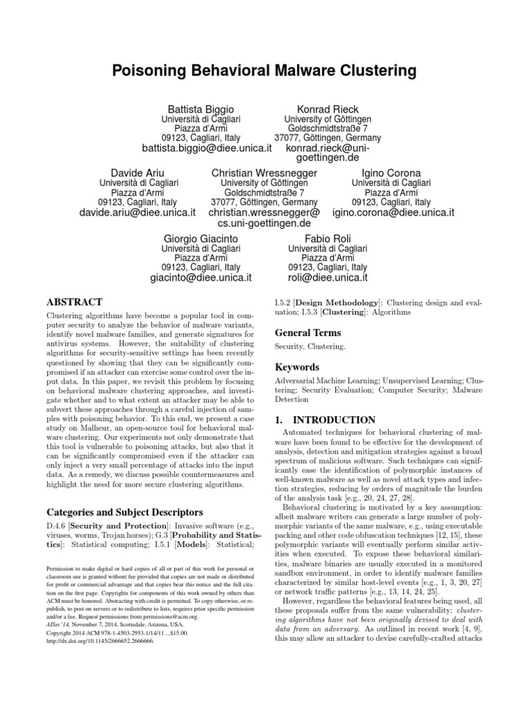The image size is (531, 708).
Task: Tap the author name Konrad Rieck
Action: (x=328, y=109)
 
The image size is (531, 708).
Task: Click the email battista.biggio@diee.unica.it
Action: (x=205, y=149)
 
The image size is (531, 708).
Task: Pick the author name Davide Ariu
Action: (x=138, y=172)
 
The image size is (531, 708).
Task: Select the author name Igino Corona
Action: (x=392, y=172)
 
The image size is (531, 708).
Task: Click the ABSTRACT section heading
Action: (x=74, y=302)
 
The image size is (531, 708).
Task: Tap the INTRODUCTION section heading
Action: (x=325, y=420)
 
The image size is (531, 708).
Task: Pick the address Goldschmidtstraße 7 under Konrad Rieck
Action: (x=328, y=129)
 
